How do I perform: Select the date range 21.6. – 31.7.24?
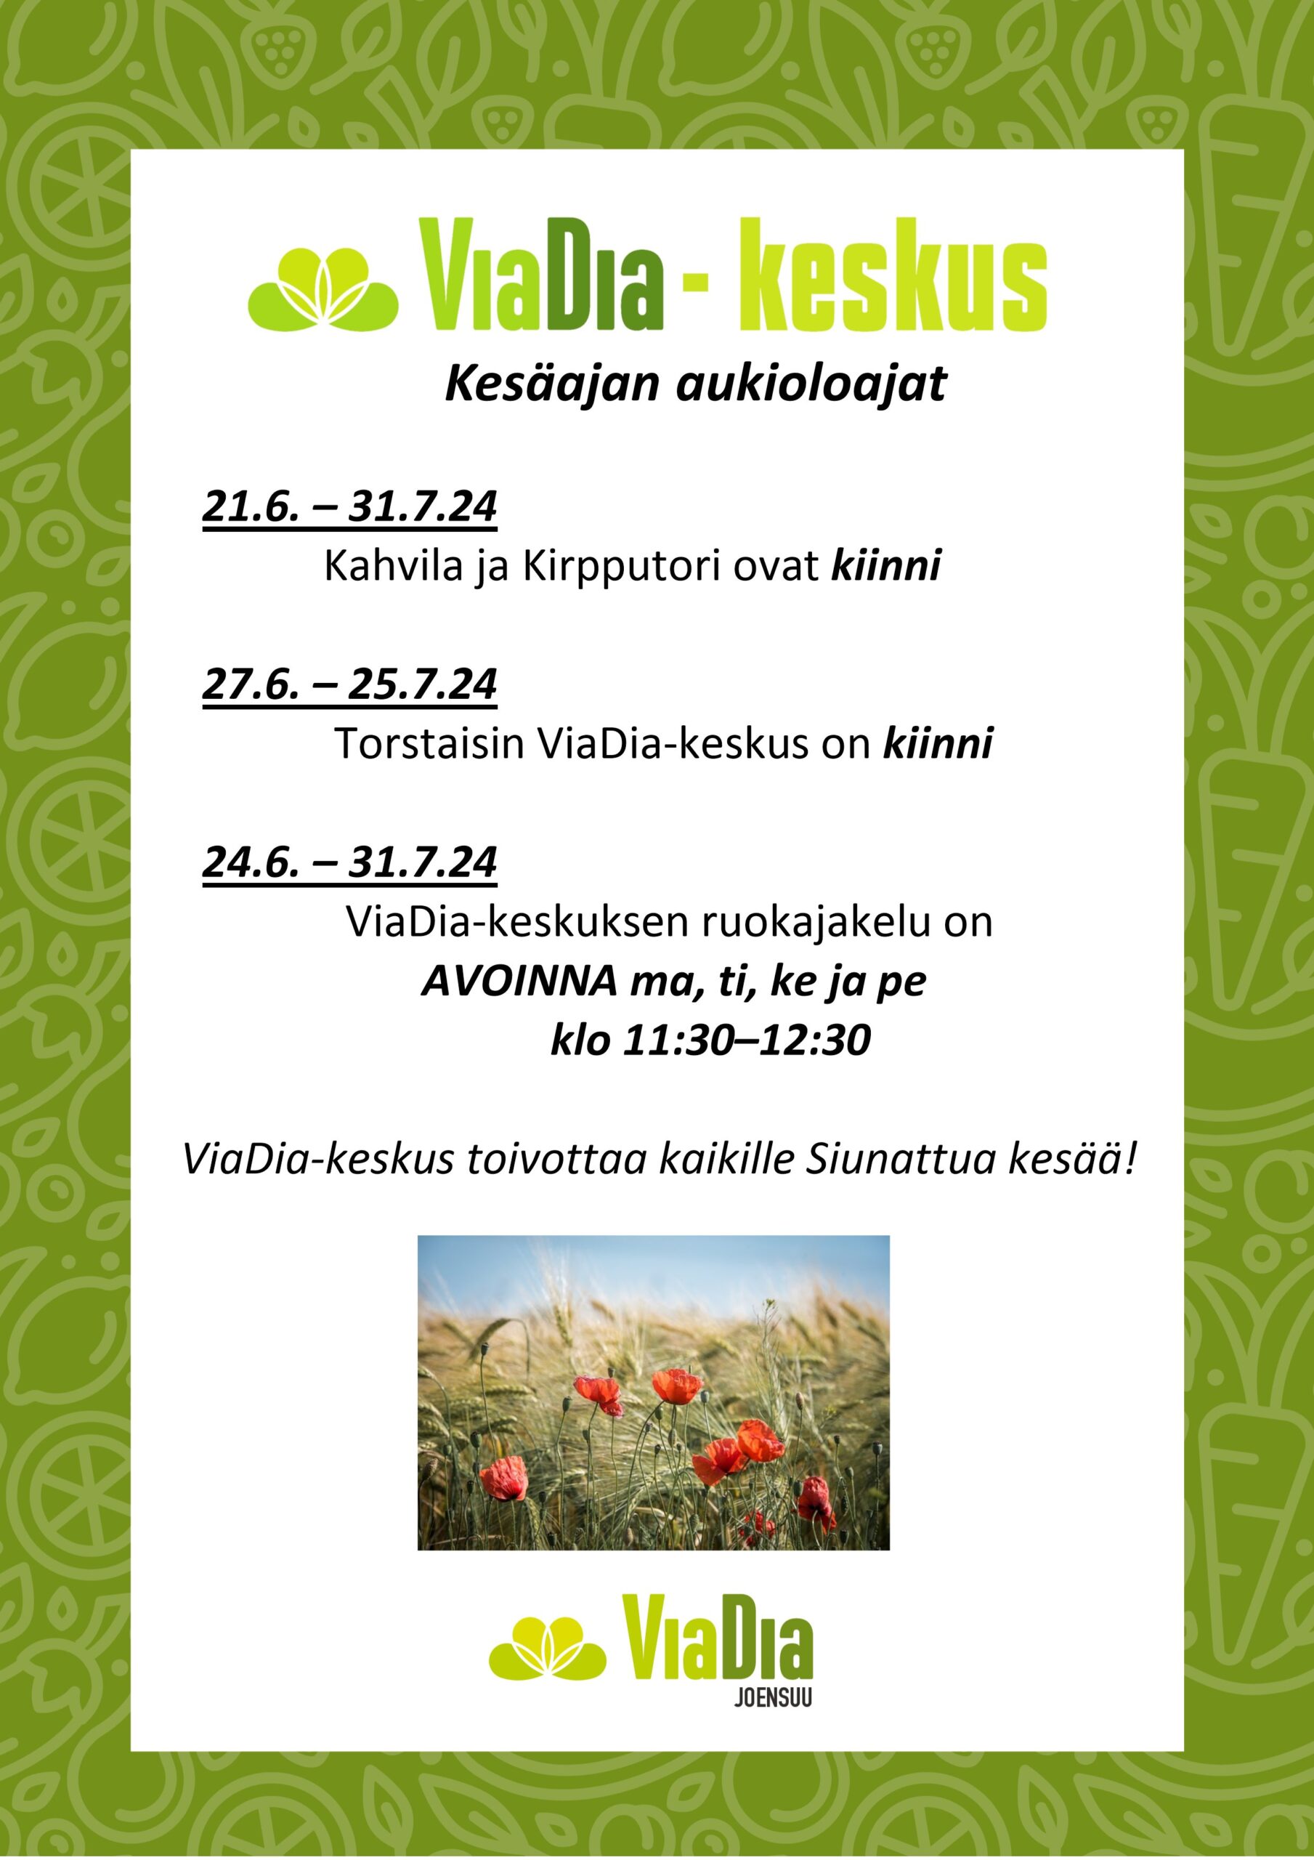point(349,506)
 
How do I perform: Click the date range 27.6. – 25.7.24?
point(349,684)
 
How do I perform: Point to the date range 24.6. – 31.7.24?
point(349,861)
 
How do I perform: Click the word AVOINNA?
point(519,982)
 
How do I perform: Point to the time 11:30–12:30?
point(746,1040)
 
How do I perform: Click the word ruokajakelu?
point(816,922)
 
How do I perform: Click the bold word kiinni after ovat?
point(886,565)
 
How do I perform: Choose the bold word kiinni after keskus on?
point(937,743)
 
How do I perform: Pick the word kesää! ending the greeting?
point(1069,1160)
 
